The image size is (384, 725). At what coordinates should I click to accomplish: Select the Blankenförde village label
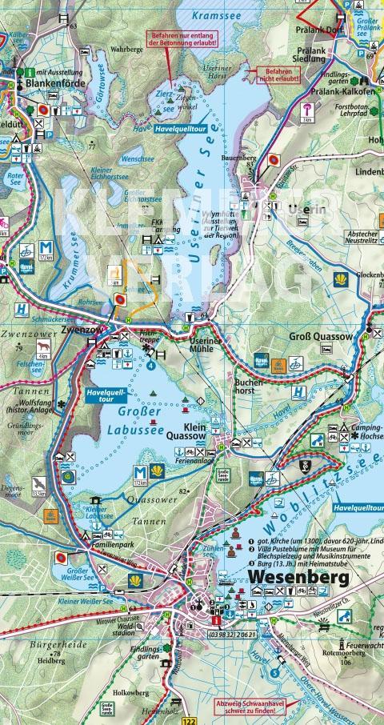[x=56, y=82]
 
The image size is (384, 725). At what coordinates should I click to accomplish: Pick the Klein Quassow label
[x=206, y=432]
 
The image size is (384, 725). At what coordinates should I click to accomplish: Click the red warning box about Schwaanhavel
[x=250, y=707]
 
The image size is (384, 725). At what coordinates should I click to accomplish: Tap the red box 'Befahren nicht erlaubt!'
[x=277, y=76]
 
